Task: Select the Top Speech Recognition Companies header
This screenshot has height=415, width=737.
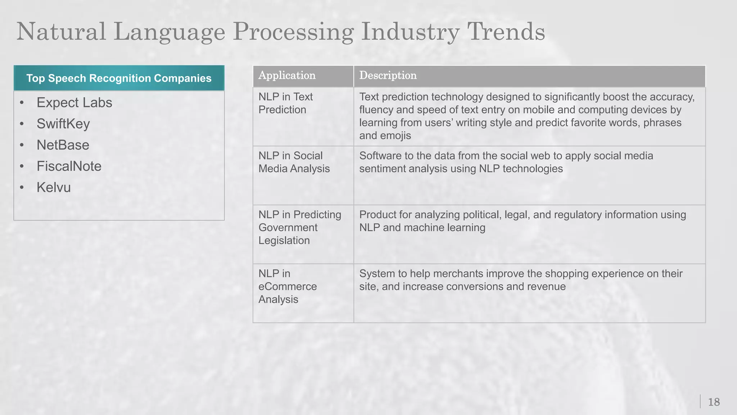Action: tap(119, 78)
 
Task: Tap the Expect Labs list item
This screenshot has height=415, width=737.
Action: tap(74, 103)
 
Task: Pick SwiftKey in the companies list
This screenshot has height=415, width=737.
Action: tap(63, 124)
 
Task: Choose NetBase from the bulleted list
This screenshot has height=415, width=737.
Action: tap(63, 145)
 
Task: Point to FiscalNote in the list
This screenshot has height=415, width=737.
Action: tap(69, 166)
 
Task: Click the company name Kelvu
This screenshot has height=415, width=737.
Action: tap(54, 188)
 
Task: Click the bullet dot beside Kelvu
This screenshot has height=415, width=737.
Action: tap(22, 188)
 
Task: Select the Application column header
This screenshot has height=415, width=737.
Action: tap(287, 76)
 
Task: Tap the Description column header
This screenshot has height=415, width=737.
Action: tap(388, 76)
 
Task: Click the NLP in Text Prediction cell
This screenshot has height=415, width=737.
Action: tap(285, 103)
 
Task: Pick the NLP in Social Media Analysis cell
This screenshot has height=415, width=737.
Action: tap(294, 162)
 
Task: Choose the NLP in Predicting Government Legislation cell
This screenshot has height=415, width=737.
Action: tap(300, 227)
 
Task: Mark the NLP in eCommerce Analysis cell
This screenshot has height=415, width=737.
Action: tap(288, 286)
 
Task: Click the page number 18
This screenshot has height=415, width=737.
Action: tap(714, 402)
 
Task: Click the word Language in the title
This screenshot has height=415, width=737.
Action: tap(169, 32)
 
